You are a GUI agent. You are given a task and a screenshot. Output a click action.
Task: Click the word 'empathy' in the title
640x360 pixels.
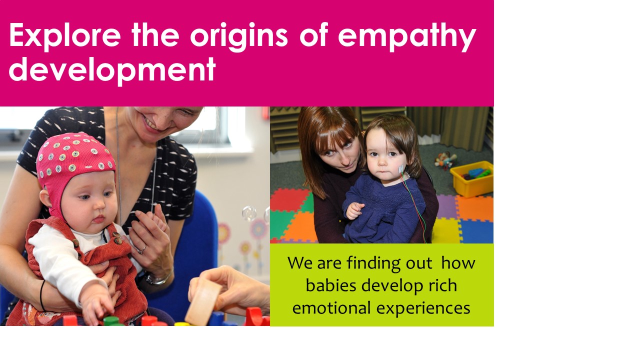pyautogui.click(x=407, y=36)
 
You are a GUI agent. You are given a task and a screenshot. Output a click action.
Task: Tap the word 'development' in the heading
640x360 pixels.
pyautogui.click(x=112, y=69)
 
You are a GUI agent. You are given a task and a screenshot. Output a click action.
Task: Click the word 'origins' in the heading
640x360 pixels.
pyautogui.click(x=239, y=36)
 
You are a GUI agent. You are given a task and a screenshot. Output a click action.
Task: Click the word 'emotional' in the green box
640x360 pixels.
pyautogui.click(x=331, y=308)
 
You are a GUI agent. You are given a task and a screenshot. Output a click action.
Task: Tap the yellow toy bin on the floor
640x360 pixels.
pyautogui.click(x=472, y=178)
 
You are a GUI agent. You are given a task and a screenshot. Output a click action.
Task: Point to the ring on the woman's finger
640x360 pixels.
pyautogui.click(x=142, y=249)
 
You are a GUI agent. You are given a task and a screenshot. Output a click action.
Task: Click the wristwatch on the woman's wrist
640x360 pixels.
pyautogui.click(x=157, y=278)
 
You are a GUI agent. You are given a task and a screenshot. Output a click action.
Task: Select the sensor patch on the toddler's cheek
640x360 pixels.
pyautogui.click(x=401, y=169)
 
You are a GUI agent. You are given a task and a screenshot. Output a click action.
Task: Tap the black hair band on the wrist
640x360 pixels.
pyautogui.click(x=42, y=295)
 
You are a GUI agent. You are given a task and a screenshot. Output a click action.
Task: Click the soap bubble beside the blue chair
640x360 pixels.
pyautogui.click(x=249, y=213)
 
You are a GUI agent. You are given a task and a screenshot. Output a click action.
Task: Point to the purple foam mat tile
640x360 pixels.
pyautogui.click(x=446, y=206)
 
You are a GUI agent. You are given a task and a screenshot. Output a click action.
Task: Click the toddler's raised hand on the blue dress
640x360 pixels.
pyautogui.click(x=354, y=210)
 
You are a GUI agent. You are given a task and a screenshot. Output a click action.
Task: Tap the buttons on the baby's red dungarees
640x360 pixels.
pyautogui.click(x=117, y=238)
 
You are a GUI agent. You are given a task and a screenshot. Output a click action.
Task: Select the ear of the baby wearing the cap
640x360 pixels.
pyautogui.click(x=45, y=197)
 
